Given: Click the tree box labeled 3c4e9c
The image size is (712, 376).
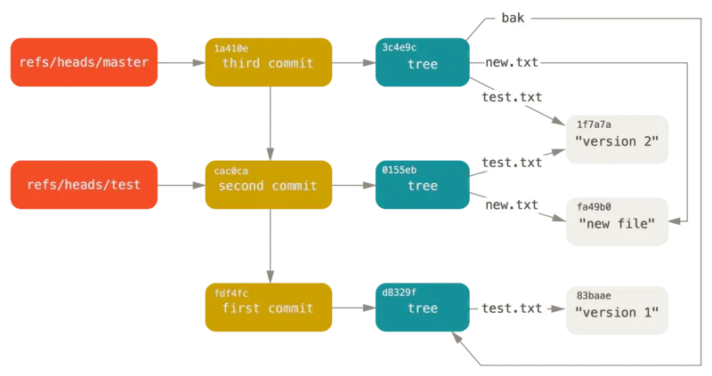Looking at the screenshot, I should (422, 62).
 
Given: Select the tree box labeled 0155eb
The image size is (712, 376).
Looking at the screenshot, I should (422, 186).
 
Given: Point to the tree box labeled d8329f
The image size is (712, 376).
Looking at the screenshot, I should (422, 308).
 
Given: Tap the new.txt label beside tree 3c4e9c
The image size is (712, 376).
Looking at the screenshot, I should (511, 62).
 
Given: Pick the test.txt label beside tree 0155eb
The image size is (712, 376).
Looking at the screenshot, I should (511, 162).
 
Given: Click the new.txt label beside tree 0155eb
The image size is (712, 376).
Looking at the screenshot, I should (511, 204).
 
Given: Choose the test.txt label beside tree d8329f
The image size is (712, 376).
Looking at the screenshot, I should (511, 308).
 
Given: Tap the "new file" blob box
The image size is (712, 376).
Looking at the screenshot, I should (616, 218).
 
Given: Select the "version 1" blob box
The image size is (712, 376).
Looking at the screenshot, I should (616, 308).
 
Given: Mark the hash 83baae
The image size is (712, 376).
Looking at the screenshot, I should (594, 294).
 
